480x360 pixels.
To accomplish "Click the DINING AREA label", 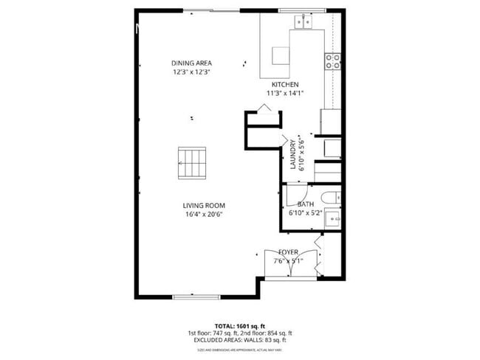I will (x=191, y=63).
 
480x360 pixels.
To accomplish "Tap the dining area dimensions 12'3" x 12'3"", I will (x=191, y=72).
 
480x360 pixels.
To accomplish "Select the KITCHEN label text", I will (x=284, y=85).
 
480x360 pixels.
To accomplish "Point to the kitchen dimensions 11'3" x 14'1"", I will (x=284, y=94).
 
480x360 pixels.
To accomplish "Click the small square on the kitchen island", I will (x=281, y=56).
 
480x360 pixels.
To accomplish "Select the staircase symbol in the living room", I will (x=193, y=163).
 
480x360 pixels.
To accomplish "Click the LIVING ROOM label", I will (x=205, y=206).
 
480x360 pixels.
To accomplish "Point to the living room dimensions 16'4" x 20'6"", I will (x=205, y=215).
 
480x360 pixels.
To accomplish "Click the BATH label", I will (x=305, y=204).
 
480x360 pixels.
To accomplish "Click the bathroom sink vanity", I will (x=334, y=217).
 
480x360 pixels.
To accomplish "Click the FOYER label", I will (x=288, y=252).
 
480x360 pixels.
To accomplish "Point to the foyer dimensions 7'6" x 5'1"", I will (x=288, y=261).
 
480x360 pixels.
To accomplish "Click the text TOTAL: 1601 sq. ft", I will (x=239, y=325).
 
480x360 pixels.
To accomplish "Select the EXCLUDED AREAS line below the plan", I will (x=239, y=340).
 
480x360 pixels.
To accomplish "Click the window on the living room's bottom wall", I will (x=196, y=297).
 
